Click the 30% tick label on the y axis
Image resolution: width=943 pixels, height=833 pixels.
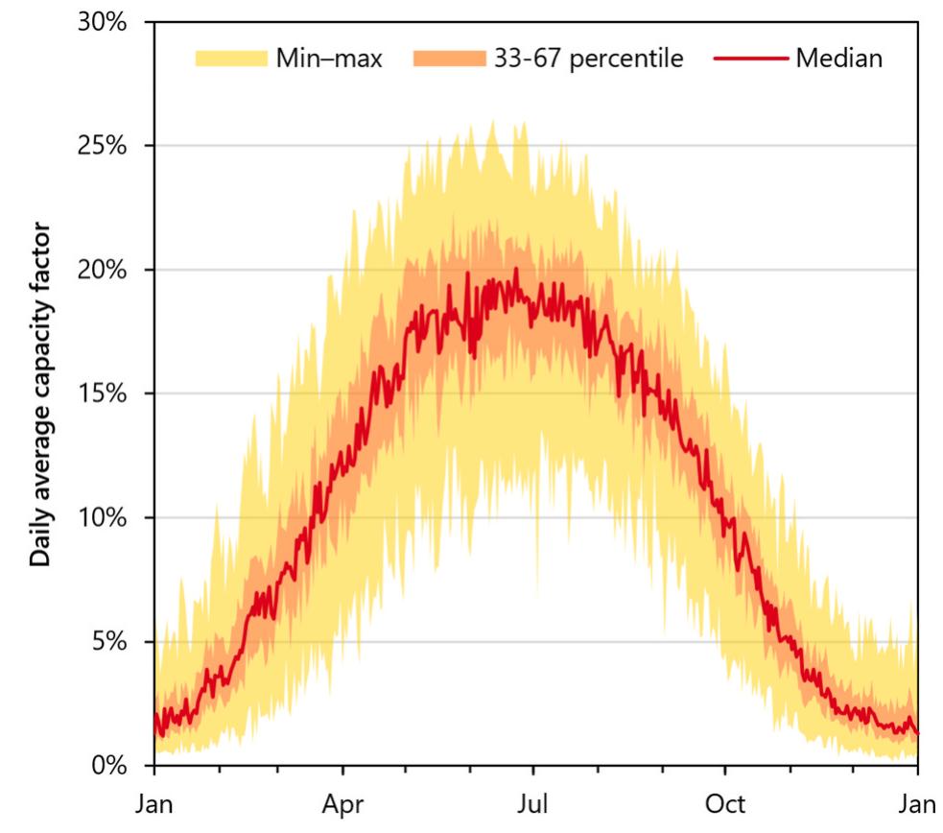click(x=103, y=23)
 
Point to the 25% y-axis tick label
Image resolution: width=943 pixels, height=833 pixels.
click(x=103, y=147)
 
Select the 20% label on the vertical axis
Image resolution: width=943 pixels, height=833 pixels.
click(x=103, y=271)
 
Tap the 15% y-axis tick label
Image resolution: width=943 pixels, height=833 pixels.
click(x=103, y=394)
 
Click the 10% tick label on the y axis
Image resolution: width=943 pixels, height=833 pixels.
click(x=103, y=518)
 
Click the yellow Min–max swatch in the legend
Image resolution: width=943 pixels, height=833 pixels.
click(x=230, y=59)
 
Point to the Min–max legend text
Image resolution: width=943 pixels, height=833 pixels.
click(x=329, y=59)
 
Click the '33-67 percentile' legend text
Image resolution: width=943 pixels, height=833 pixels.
click(x=588, y=59)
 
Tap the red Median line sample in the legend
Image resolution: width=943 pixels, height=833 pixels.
click(x=750, y=59)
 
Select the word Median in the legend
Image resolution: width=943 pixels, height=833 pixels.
click(x=838, y=59)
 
